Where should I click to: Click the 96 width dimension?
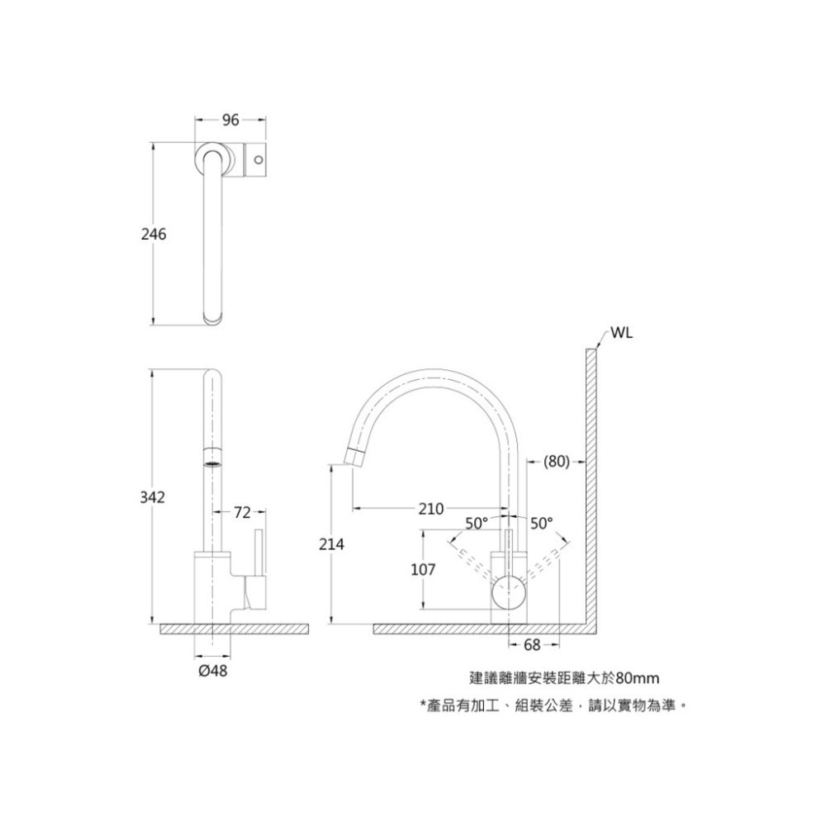(230, 121)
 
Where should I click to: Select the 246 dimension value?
(154, 235)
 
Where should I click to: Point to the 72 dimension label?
(241, 513)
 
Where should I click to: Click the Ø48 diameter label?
(213, 672)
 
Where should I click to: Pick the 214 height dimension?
(332, 544)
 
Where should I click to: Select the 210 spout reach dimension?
(431, 508)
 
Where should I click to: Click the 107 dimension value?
(423, 571)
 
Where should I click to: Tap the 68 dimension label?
(532, 644)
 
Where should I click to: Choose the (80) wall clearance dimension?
(557, 462)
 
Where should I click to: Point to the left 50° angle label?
(477, 523)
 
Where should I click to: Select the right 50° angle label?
(541, 523)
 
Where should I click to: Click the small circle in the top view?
(258, 157)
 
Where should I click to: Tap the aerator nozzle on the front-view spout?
(212, 457)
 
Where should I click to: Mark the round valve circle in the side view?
(509, 593)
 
